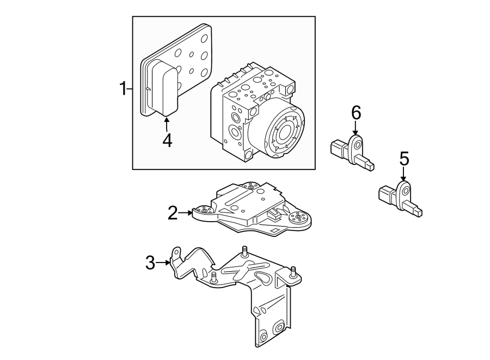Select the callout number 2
172,213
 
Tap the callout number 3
150,263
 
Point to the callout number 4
167,140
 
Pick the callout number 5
403,158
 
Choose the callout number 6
356,113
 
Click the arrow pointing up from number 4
167,123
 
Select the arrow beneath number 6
356,129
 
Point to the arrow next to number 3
164,263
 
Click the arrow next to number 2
186,213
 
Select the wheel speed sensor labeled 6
352,152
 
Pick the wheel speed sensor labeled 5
400,198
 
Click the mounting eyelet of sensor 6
357,144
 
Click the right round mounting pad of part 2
299,219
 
